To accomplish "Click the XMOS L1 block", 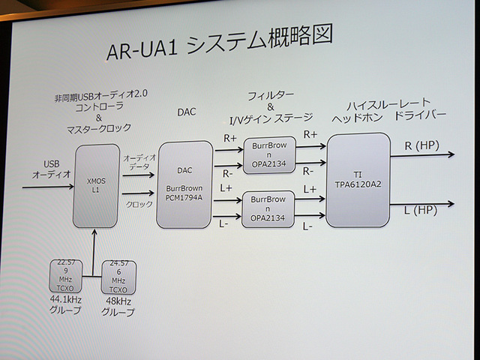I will coord(96,186).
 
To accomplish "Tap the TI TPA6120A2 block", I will coord(358,180).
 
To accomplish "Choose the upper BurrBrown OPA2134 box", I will coord(268,155).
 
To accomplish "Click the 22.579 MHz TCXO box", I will coord(65,275).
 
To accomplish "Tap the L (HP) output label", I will coord(420,211).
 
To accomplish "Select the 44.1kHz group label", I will coord(65,305).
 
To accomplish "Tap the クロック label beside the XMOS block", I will coord(138,203).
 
